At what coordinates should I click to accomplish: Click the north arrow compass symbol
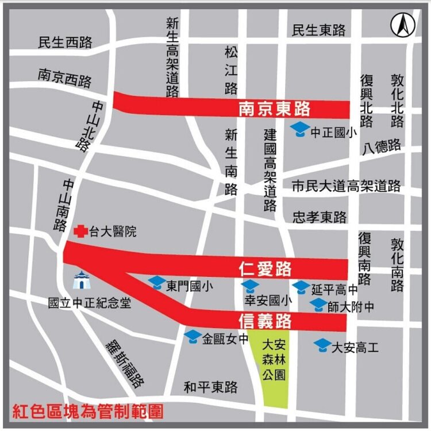pos(403,24)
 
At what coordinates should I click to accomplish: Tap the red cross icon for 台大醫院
pos(81,232)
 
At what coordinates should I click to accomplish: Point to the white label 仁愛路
pos(265,268)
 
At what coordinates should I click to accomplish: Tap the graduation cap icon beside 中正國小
pos(299,130)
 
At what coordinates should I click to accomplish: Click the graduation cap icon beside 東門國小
pos(157,283)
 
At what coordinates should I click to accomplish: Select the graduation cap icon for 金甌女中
pos(193,337)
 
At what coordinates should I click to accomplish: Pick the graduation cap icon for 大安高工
pos(322,345)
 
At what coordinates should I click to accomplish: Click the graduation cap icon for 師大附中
pos(318,305)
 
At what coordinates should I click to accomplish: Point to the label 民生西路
pos(65,42)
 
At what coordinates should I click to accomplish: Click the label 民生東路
pos(319,30)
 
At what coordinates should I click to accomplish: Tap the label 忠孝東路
pos(320,217)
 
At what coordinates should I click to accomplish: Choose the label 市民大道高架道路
pos(346,186)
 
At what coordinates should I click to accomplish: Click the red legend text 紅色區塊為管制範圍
pos(88,411)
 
